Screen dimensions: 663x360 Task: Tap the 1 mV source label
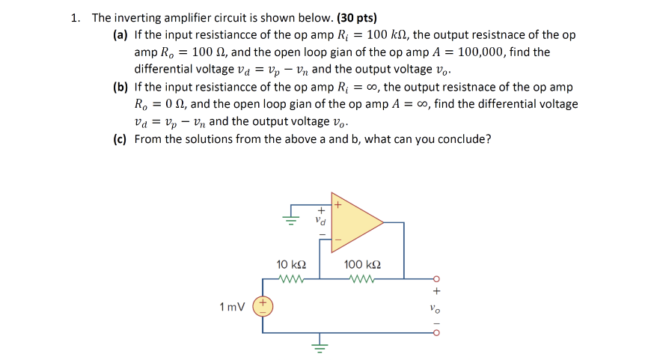point(233,306)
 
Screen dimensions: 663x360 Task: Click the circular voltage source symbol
point(263,306)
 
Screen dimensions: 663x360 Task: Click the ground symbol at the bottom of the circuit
point(320,347)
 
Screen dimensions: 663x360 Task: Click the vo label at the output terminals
point(435,306)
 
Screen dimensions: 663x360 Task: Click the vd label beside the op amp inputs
point(321,222)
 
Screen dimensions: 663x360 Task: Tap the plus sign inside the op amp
point(337,204)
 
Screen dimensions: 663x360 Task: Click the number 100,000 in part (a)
point(476,52)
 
